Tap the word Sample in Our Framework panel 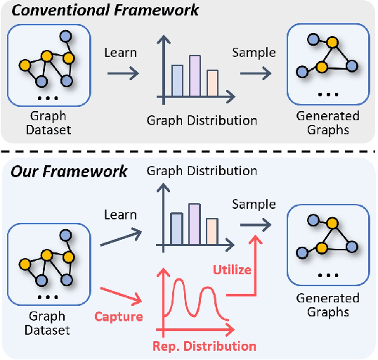coord(254,204)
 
